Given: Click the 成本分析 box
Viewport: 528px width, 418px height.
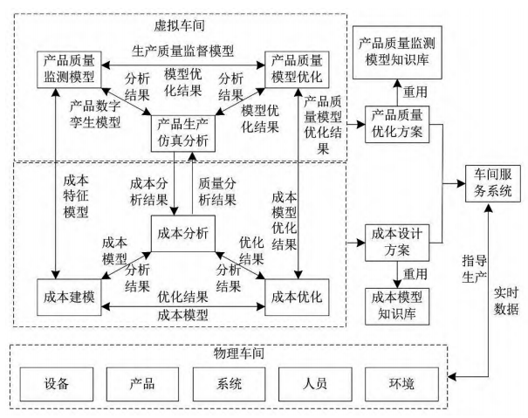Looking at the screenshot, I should [180, 234].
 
